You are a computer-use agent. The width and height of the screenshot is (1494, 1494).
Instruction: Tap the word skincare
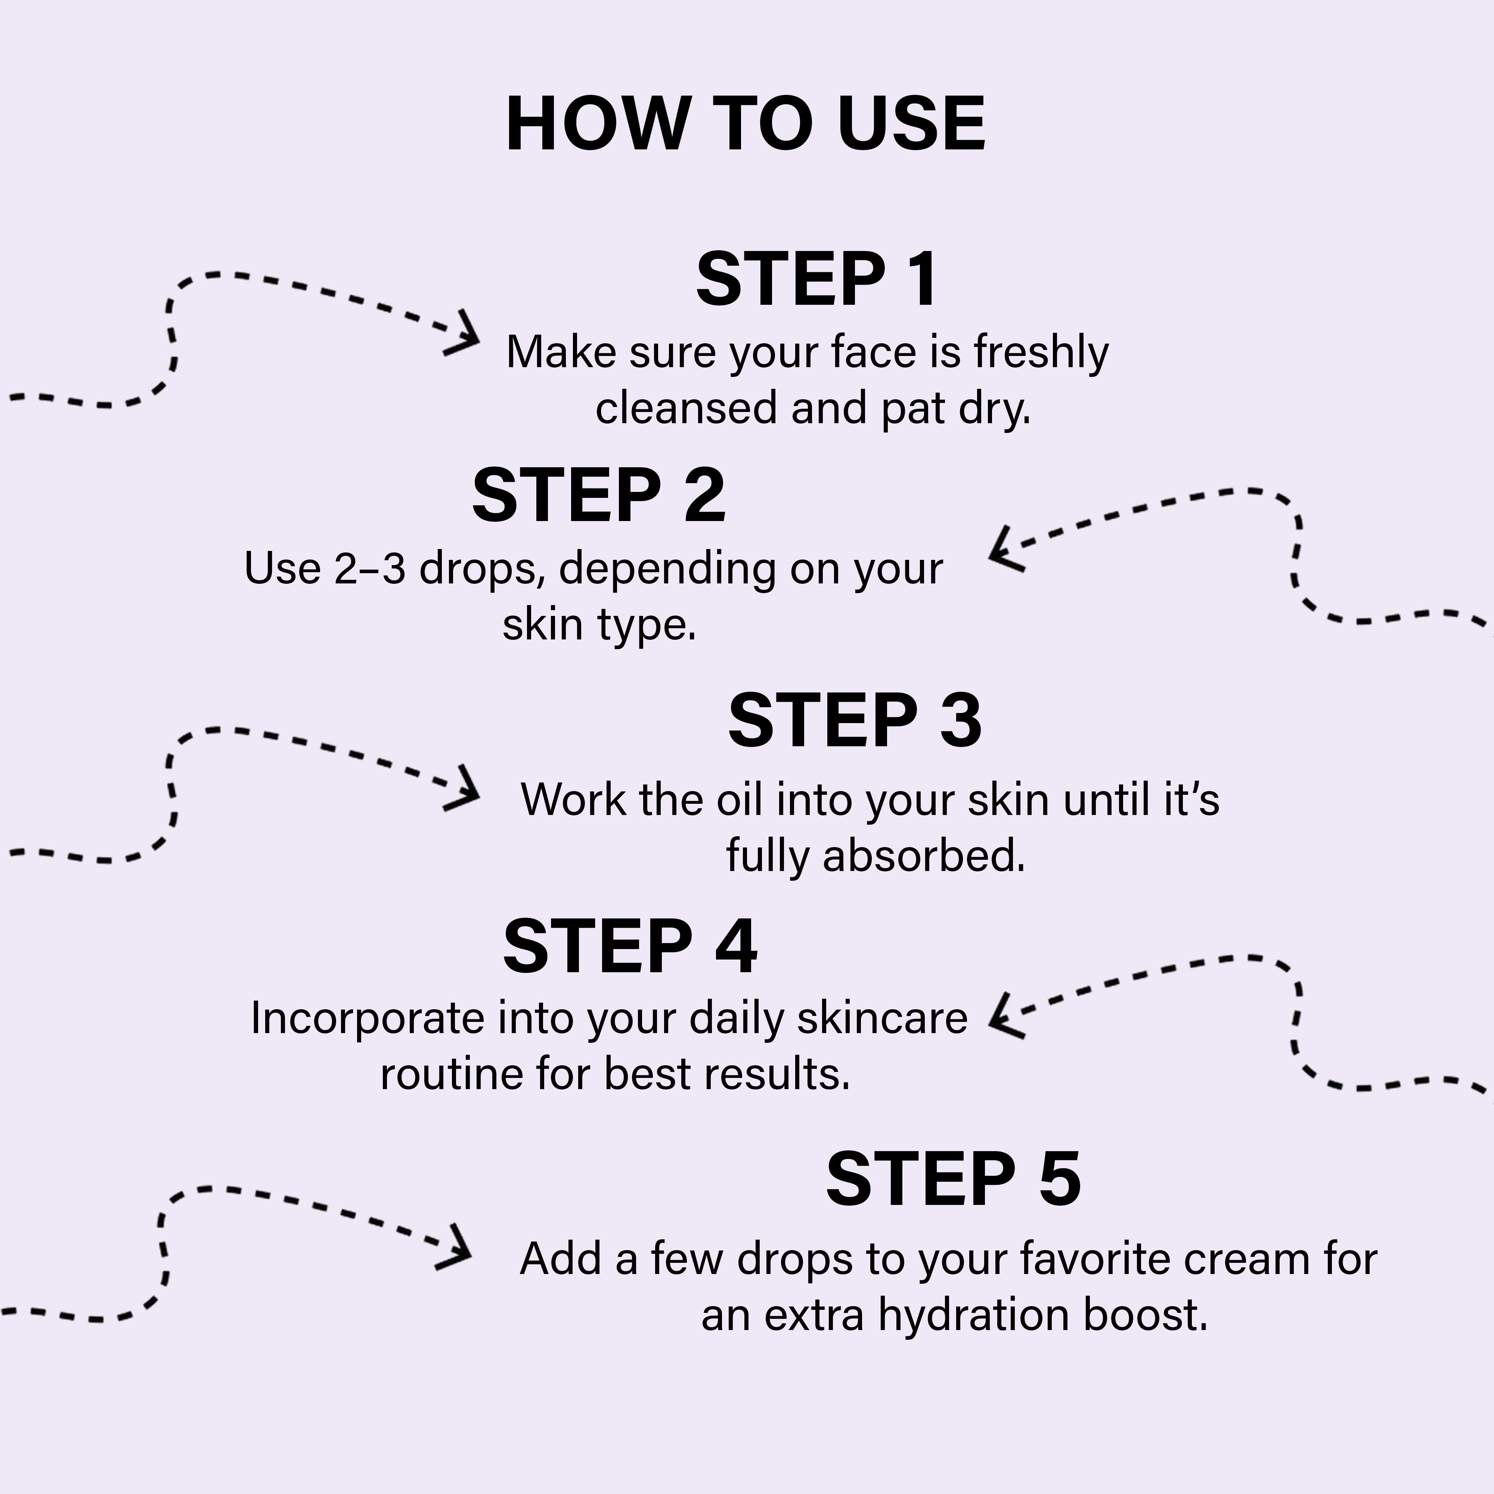882,1019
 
